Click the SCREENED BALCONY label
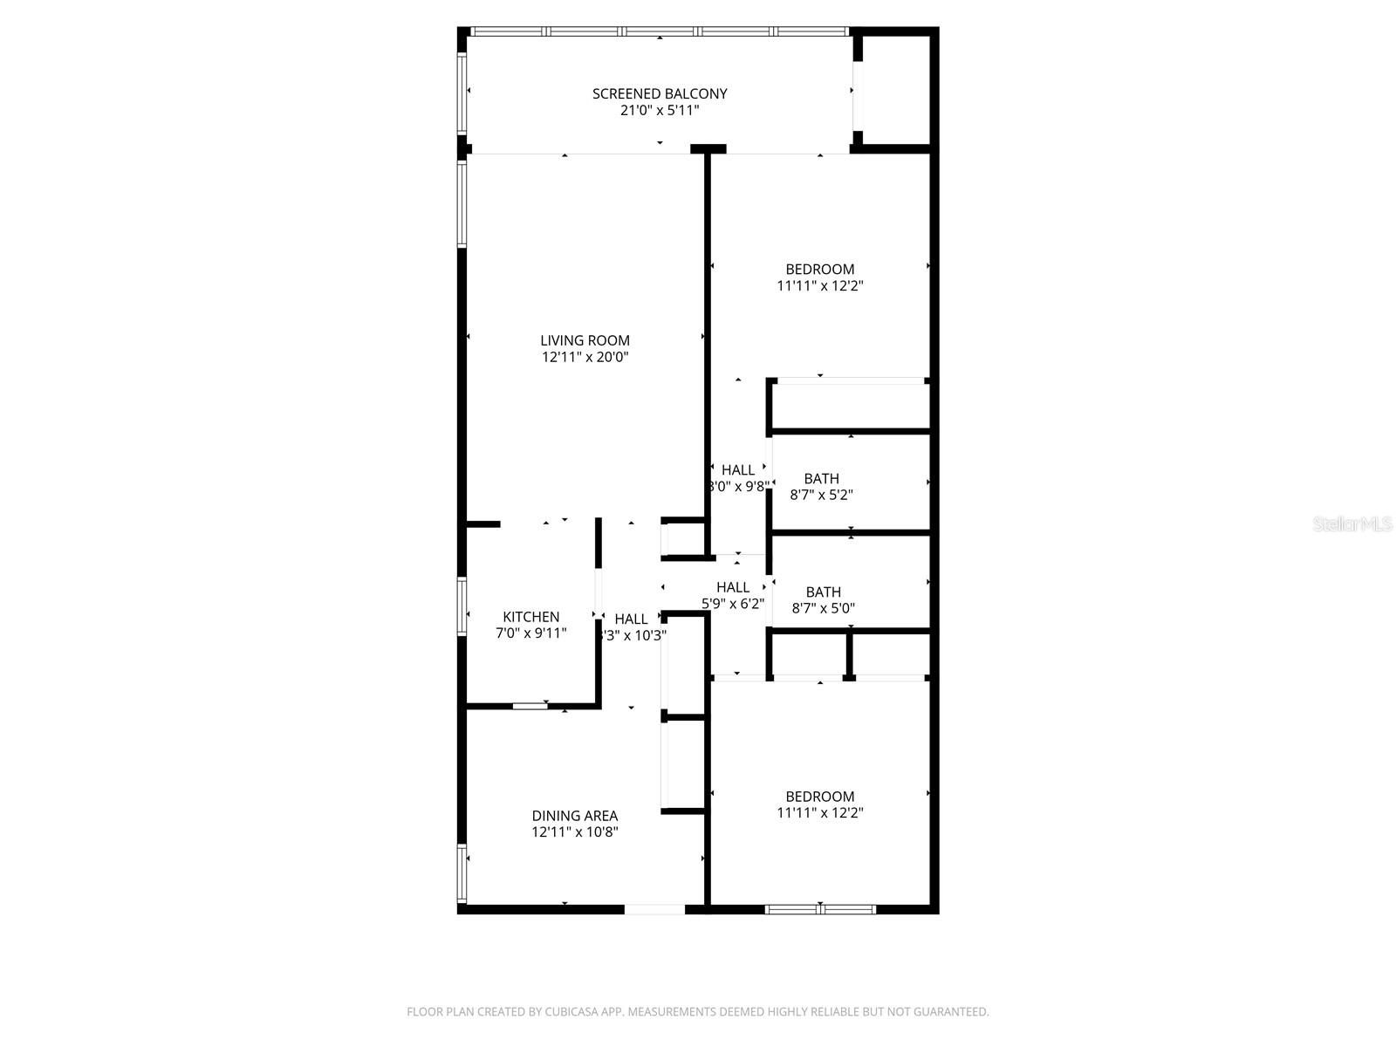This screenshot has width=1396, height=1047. point(660,93)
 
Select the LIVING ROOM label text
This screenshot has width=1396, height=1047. point(585,340)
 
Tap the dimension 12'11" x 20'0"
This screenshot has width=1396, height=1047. point(585,357)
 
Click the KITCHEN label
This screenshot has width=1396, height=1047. point(530,617)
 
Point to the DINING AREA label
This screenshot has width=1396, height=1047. point(574,816)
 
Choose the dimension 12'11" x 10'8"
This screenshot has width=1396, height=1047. point(574,832)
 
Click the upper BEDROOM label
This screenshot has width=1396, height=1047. point(819,269)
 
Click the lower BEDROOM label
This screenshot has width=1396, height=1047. point(819,796)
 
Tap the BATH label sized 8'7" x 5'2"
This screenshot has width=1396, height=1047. point(821,478)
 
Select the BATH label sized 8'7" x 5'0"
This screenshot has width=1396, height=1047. point(823,592)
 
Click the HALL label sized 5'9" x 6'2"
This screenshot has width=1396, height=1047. point(733,587)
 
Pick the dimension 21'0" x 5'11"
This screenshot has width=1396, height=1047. point(660,111)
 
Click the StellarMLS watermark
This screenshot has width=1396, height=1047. point(1352,523)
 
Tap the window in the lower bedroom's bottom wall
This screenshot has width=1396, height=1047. point(820,909)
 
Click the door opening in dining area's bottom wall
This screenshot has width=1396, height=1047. point(654,909)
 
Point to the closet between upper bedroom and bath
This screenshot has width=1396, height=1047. point(850,407)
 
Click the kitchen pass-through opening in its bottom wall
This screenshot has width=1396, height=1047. point(530,705)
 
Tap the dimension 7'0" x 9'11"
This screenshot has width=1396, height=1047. point(530,633)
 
